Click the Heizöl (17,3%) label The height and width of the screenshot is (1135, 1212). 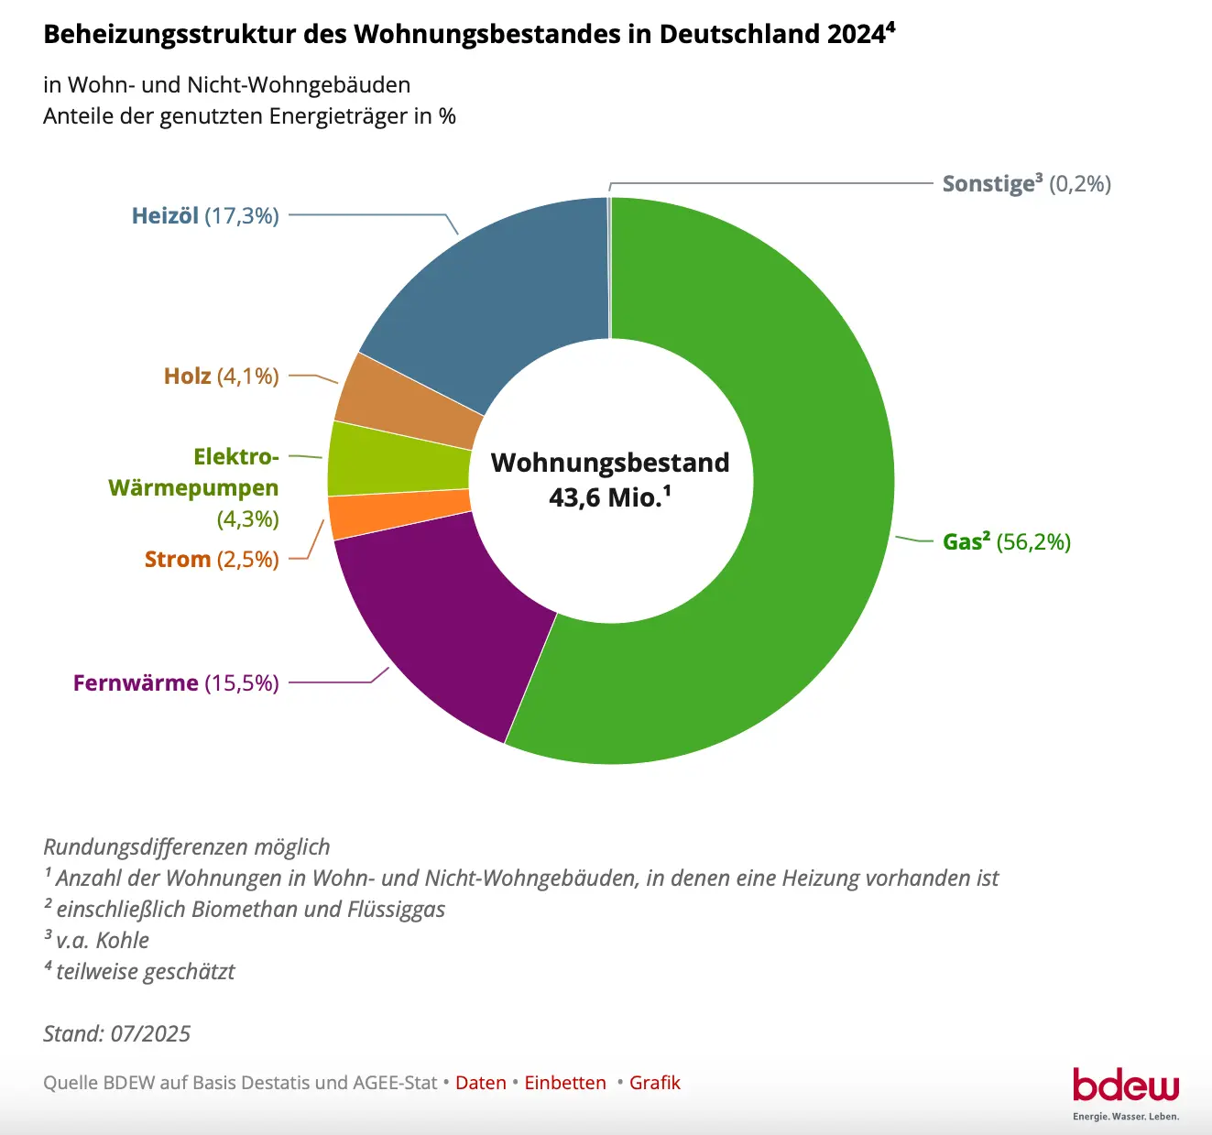pos(205,216)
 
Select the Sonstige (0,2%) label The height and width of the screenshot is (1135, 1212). pos(1026,184)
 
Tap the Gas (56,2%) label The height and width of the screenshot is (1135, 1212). pos(1006,541)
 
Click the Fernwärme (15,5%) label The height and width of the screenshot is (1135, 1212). pos(176,683)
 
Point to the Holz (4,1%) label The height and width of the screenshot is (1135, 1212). pos(221,377)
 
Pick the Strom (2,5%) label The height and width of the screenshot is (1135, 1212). pos(212,560)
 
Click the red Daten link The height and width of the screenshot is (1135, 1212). pos(480,1083)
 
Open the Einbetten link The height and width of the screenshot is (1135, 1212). pos(565,1083)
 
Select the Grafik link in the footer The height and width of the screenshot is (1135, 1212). pos(654,1083)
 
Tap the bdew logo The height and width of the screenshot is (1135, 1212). pos(1126,1086)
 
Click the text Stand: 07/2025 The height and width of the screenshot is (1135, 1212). pos(117,1034)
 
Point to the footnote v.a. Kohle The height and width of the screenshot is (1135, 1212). pos(101,941)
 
